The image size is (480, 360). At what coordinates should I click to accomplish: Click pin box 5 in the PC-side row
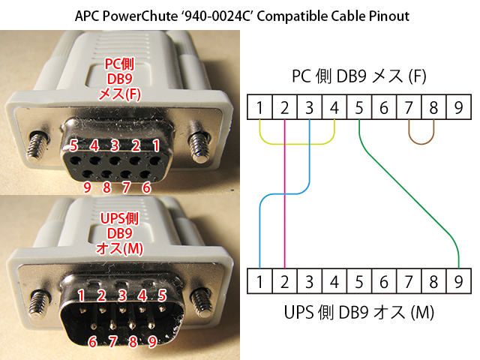tap(359, 106)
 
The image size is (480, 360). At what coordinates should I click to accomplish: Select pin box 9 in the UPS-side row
tap(458, 281)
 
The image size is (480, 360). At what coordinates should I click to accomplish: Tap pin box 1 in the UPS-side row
tap(259, 281)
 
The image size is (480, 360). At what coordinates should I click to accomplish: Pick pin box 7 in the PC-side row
tap(409, 106)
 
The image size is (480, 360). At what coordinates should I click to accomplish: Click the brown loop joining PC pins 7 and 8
tap(421, 143)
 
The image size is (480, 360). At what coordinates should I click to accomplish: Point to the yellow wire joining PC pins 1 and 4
tap(297, 144)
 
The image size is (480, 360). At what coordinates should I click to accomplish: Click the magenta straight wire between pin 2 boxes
tap(285, 193)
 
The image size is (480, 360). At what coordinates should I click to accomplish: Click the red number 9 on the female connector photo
tap(87, 187)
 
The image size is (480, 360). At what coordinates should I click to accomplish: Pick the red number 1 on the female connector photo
tap(156, 145)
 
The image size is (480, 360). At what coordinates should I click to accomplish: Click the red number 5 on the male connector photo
tap(162, 295)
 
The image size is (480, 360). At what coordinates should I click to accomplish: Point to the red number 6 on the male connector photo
tap(92, 341)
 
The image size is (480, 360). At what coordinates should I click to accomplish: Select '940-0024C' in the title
tap(217, 16)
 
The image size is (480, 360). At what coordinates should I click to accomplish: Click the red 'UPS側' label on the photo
tap(119, 218)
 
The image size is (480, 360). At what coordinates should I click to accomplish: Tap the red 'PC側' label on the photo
tap(119, 64)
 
